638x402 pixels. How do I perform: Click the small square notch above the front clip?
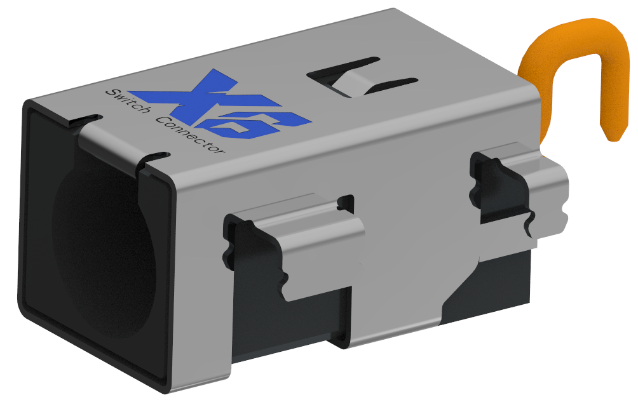coord(346,202)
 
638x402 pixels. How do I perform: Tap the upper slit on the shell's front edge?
coord(86,119)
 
